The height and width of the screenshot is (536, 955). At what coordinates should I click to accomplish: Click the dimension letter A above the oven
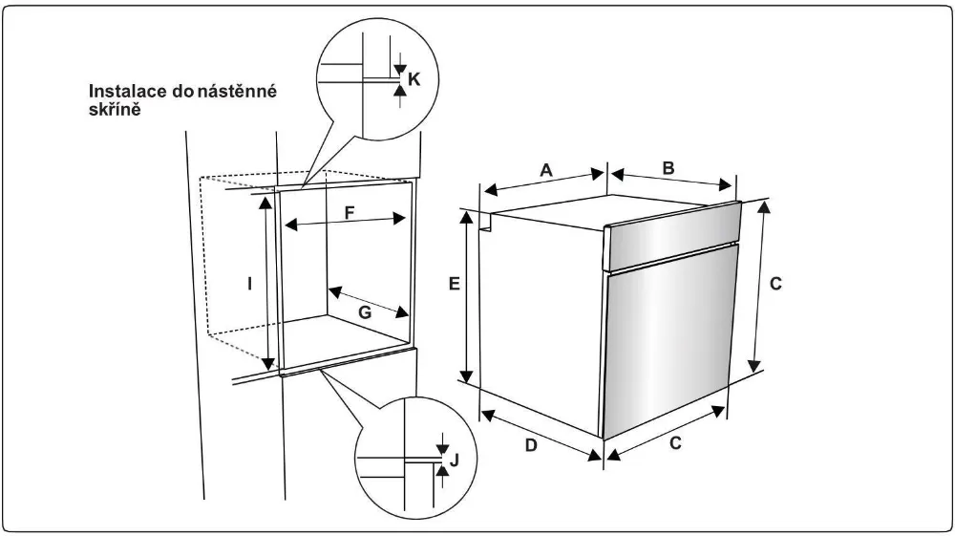[546, 170]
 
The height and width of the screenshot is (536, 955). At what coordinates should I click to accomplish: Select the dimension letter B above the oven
[668, 168]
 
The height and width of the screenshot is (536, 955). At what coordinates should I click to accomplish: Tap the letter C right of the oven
[776, 284]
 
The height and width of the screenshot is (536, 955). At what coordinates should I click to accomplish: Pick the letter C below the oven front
[675, 444]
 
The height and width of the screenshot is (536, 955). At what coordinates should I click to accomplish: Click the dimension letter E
[455, 284]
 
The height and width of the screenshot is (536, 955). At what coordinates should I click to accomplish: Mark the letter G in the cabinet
[363, 311]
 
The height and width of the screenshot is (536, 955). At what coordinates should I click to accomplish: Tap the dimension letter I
[249, 284]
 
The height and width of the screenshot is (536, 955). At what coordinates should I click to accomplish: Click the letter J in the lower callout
[455, 461]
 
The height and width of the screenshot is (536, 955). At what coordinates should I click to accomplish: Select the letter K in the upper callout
[414, 79]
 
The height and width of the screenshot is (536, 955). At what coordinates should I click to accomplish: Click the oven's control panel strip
[672, 241]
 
